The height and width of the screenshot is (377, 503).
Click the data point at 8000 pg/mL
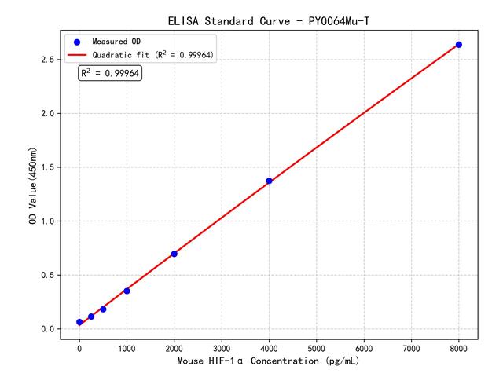tap(459, 45)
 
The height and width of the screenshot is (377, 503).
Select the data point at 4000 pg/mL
tap(269, 181)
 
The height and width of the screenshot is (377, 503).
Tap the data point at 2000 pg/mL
tap(174, 254)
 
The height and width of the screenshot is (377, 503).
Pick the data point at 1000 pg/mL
tap(127, 291)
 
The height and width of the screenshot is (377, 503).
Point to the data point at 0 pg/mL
tap(79, 322)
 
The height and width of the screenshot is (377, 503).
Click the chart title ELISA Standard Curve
tap(268, 20)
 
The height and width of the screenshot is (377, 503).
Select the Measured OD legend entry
tap(118, 41)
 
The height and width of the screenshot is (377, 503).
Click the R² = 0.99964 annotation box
tap(109, 73)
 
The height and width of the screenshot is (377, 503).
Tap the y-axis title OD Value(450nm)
tap(32, 185)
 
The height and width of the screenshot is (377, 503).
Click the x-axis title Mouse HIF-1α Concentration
tap(268, 361)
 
